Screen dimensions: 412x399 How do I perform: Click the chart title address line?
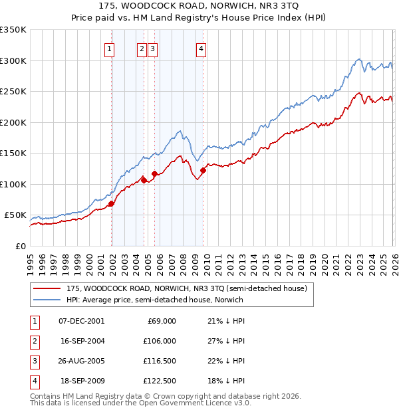point(199,6)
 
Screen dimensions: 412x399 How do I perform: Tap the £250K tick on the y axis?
point(13,92)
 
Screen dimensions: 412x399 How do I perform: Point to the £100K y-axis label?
point(13,184)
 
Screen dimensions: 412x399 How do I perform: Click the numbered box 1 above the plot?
point(109,48)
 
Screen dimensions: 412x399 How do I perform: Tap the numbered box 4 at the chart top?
point(200,48)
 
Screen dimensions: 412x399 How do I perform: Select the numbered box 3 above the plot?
point(152,48)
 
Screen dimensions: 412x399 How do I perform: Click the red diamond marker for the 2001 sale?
point(112,204)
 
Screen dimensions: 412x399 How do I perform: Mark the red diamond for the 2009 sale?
point(203,171)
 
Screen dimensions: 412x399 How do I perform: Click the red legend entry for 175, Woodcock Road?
point(186,288)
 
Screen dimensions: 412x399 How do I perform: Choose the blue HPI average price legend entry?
point(154,300)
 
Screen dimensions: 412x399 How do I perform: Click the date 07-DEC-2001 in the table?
point(81,321)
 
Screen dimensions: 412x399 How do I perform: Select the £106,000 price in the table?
point(158,341)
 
